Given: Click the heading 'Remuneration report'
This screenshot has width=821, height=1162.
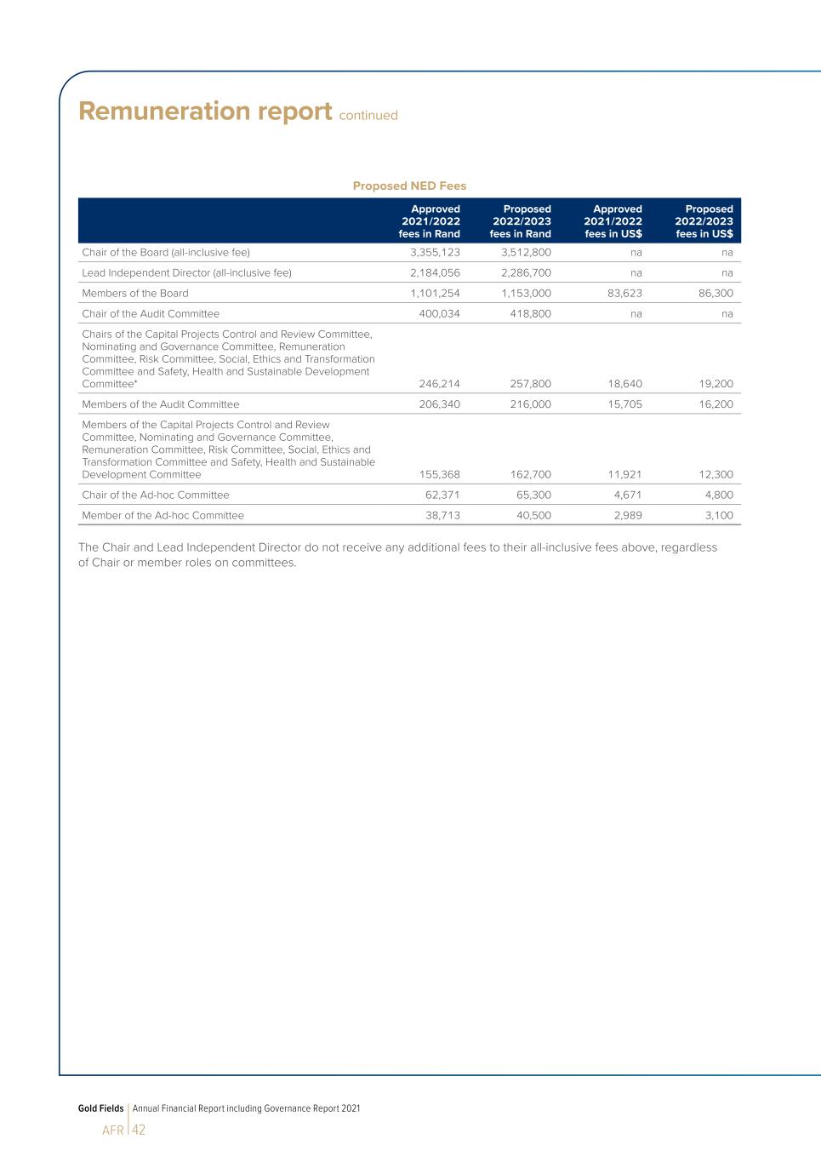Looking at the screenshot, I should pos(204,112).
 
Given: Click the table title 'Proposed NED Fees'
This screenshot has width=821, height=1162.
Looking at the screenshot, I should pos(409,186).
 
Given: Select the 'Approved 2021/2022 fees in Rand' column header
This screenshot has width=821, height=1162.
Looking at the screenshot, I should pos(430,221).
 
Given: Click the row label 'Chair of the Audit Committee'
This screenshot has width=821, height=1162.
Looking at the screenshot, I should pos(151,314).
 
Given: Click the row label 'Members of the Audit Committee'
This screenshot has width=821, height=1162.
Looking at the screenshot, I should pos(161,404).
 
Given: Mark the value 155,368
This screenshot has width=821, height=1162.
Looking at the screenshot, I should pos(440,475).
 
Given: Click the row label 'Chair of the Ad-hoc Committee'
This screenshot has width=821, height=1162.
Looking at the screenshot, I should pos(156,495).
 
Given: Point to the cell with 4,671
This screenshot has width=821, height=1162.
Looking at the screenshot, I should pos(628,495).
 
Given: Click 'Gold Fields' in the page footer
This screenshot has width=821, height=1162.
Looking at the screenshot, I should pos(100,1108).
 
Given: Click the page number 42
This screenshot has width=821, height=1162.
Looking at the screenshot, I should pos(139,1130).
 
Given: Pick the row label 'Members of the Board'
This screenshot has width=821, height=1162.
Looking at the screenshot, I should pos(135,294).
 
